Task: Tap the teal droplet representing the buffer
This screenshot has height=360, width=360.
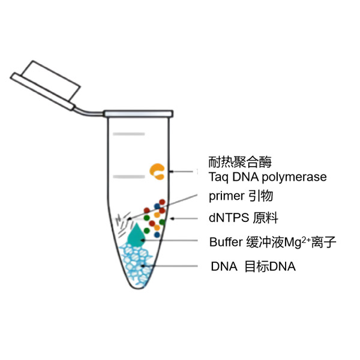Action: click(x=137, y=235)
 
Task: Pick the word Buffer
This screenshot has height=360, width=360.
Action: click(x=226, y=242)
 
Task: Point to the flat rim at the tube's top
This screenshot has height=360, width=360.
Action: click(x=138, y=113)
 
